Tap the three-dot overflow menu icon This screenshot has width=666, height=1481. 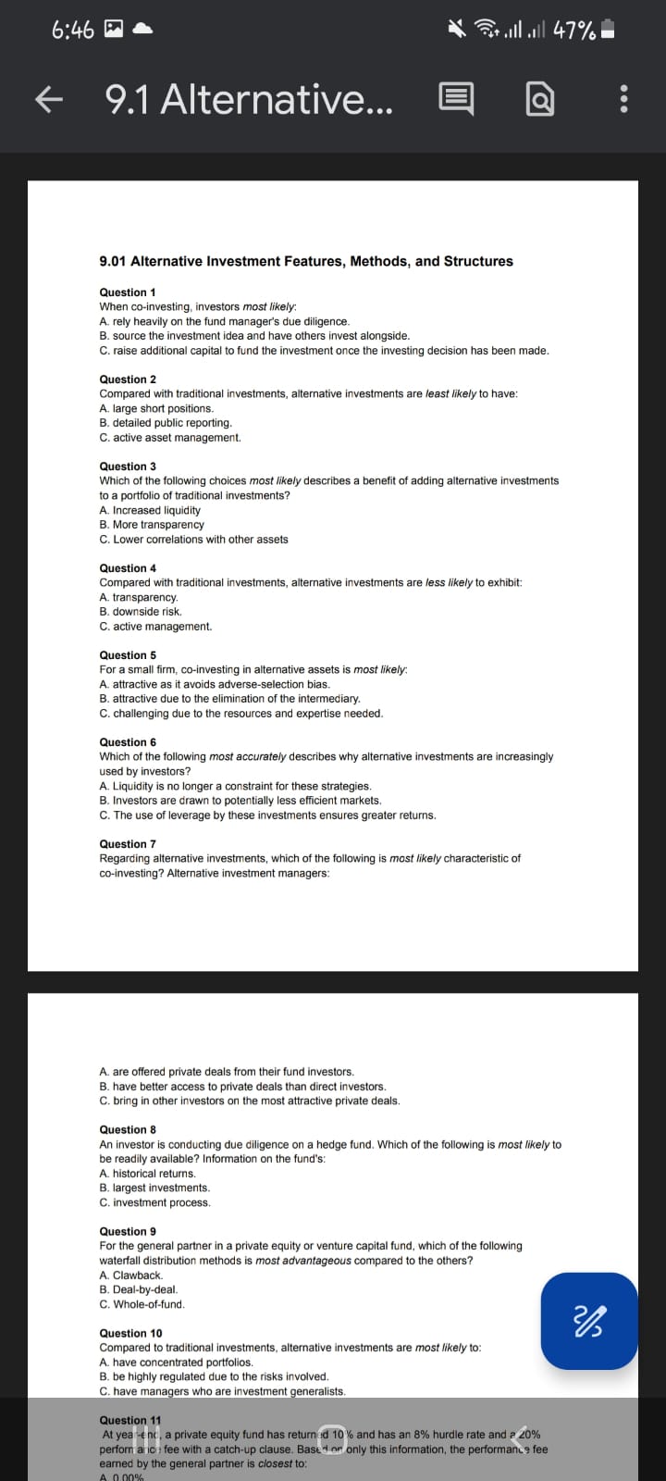coord(623,99)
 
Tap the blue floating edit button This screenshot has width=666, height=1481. coord(589,1321)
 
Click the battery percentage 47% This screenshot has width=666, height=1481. coord(573,31)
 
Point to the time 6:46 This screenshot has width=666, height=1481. coord(73,31)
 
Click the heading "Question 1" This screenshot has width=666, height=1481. coord(128,292)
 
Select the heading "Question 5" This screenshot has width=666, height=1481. coord(128,655)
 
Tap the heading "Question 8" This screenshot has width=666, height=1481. coord(128,1129)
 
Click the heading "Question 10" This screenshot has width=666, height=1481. coord(130,1333)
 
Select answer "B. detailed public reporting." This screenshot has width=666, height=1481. coord(166,423)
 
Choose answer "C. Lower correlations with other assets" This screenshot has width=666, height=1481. coord(193,540)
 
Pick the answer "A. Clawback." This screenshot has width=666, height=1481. coord(130,1276)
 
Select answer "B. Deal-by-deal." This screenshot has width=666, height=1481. coord(139,1289)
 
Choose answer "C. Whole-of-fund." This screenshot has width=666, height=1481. coord(142,1304)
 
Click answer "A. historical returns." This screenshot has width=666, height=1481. coord(147,1174)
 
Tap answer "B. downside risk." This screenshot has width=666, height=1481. coord(141,612)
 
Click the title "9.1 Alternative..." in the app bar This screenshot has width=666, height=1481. coord(249,99)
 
